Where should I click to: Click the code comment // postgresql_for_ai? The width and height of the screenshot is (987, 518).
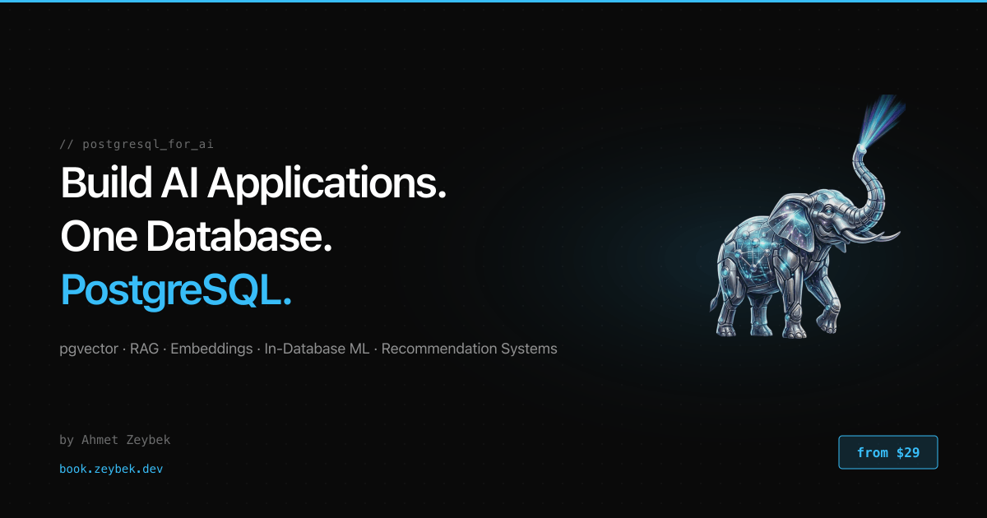[137, 144]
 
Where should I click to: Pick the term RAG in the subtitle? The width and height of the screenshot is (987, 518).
[144, 349]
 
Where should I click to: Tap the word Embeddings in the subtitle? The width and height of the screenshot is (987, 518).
[211, 349]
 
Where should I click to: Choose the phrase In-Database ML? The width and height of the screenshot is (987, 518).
[317, 349]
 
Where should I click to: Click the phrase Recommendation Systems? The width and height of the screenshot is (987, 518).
[469, 349]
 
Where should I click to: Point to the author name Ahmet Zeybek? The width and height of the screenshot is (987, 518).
[126, 440]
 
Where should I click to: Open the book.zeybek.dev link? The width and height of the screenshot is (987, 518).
[111, 469]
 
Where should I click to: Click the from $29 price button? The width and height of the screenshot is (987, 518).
[887, 452]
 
